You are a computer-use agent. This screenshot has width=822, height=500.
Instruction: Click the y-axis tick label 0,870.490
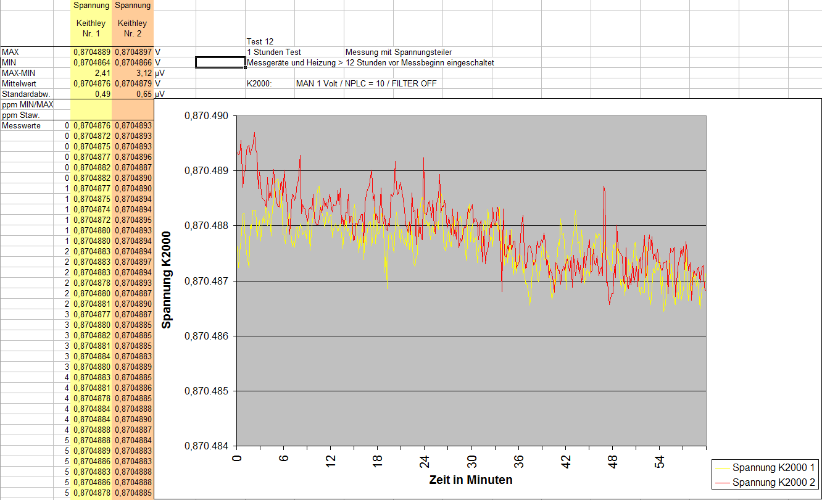[x=206, y=116]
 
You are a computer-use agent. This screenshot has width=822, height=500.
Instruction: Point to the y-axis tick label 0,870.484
[x=206, y=446]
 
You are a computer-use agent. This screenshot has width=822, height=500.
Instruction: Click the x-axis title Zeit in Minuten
[x=471, y=480]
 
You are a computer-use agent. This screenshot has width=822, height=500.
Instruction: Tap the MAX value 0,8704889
[x=91, y=52]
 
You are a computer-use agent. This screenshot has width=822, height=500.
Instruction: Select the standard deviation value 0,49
[x=102, y=94]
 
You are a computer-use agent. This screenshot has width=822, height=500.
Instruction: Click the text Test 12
[x=260, y=41]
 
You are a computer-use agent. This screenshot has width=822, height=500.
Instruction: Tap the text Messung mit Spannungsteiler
[x=399, y=52]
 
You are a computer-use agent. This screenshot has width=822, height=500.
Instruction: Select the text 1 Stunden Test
[x=274, y=52]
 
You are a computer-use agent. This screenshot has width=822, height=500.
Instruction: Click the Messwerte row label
[x=22, y=125]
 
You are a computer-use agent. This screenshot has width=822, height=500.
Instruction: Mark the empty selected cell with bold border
[x=220, y=62]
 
